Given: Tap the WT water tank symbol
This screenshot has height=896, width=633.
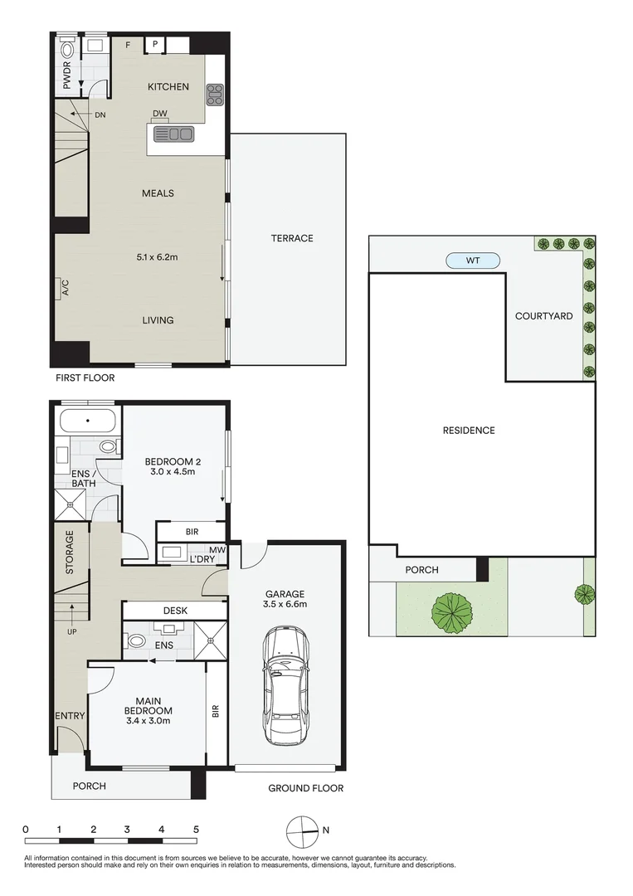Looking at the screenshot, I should tap(473, 261).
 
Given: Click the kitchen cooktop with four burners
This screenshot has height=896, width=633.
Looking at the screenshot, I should tap(215, 93).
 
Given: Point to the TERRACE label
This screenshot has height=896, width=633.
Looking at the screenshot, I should tap(292, 238).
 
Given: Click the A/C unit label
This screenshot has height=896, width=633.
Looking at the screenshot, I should tap(64, 288).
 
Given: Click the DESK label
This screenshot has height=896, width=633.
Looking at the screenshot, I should tap(175, 611).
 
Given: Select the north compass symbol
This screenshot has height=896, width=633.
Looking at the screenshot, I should tap(302, 830).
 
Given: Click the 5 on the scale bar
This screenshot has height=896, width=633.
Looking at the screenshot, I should tap(196, 829).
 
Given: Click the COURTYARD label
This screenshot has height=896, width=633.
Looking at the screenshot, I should tap(543, 316).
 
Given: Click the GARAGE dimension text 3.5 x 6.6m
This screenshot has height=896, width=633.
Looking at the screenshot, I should tap(285, 605).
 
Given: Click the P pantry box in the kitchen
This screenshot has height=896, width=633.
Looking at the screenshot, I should tap(155, 44).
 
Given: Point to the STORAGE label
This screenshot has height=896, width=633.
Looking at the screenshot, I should tap(70, 553).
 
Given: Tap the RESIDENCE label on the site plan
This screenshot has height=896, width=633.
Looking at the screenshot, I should tap(469, 430).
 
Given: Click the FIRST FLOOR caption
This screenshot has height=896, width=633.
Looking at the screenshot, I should tap(85, 377).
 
